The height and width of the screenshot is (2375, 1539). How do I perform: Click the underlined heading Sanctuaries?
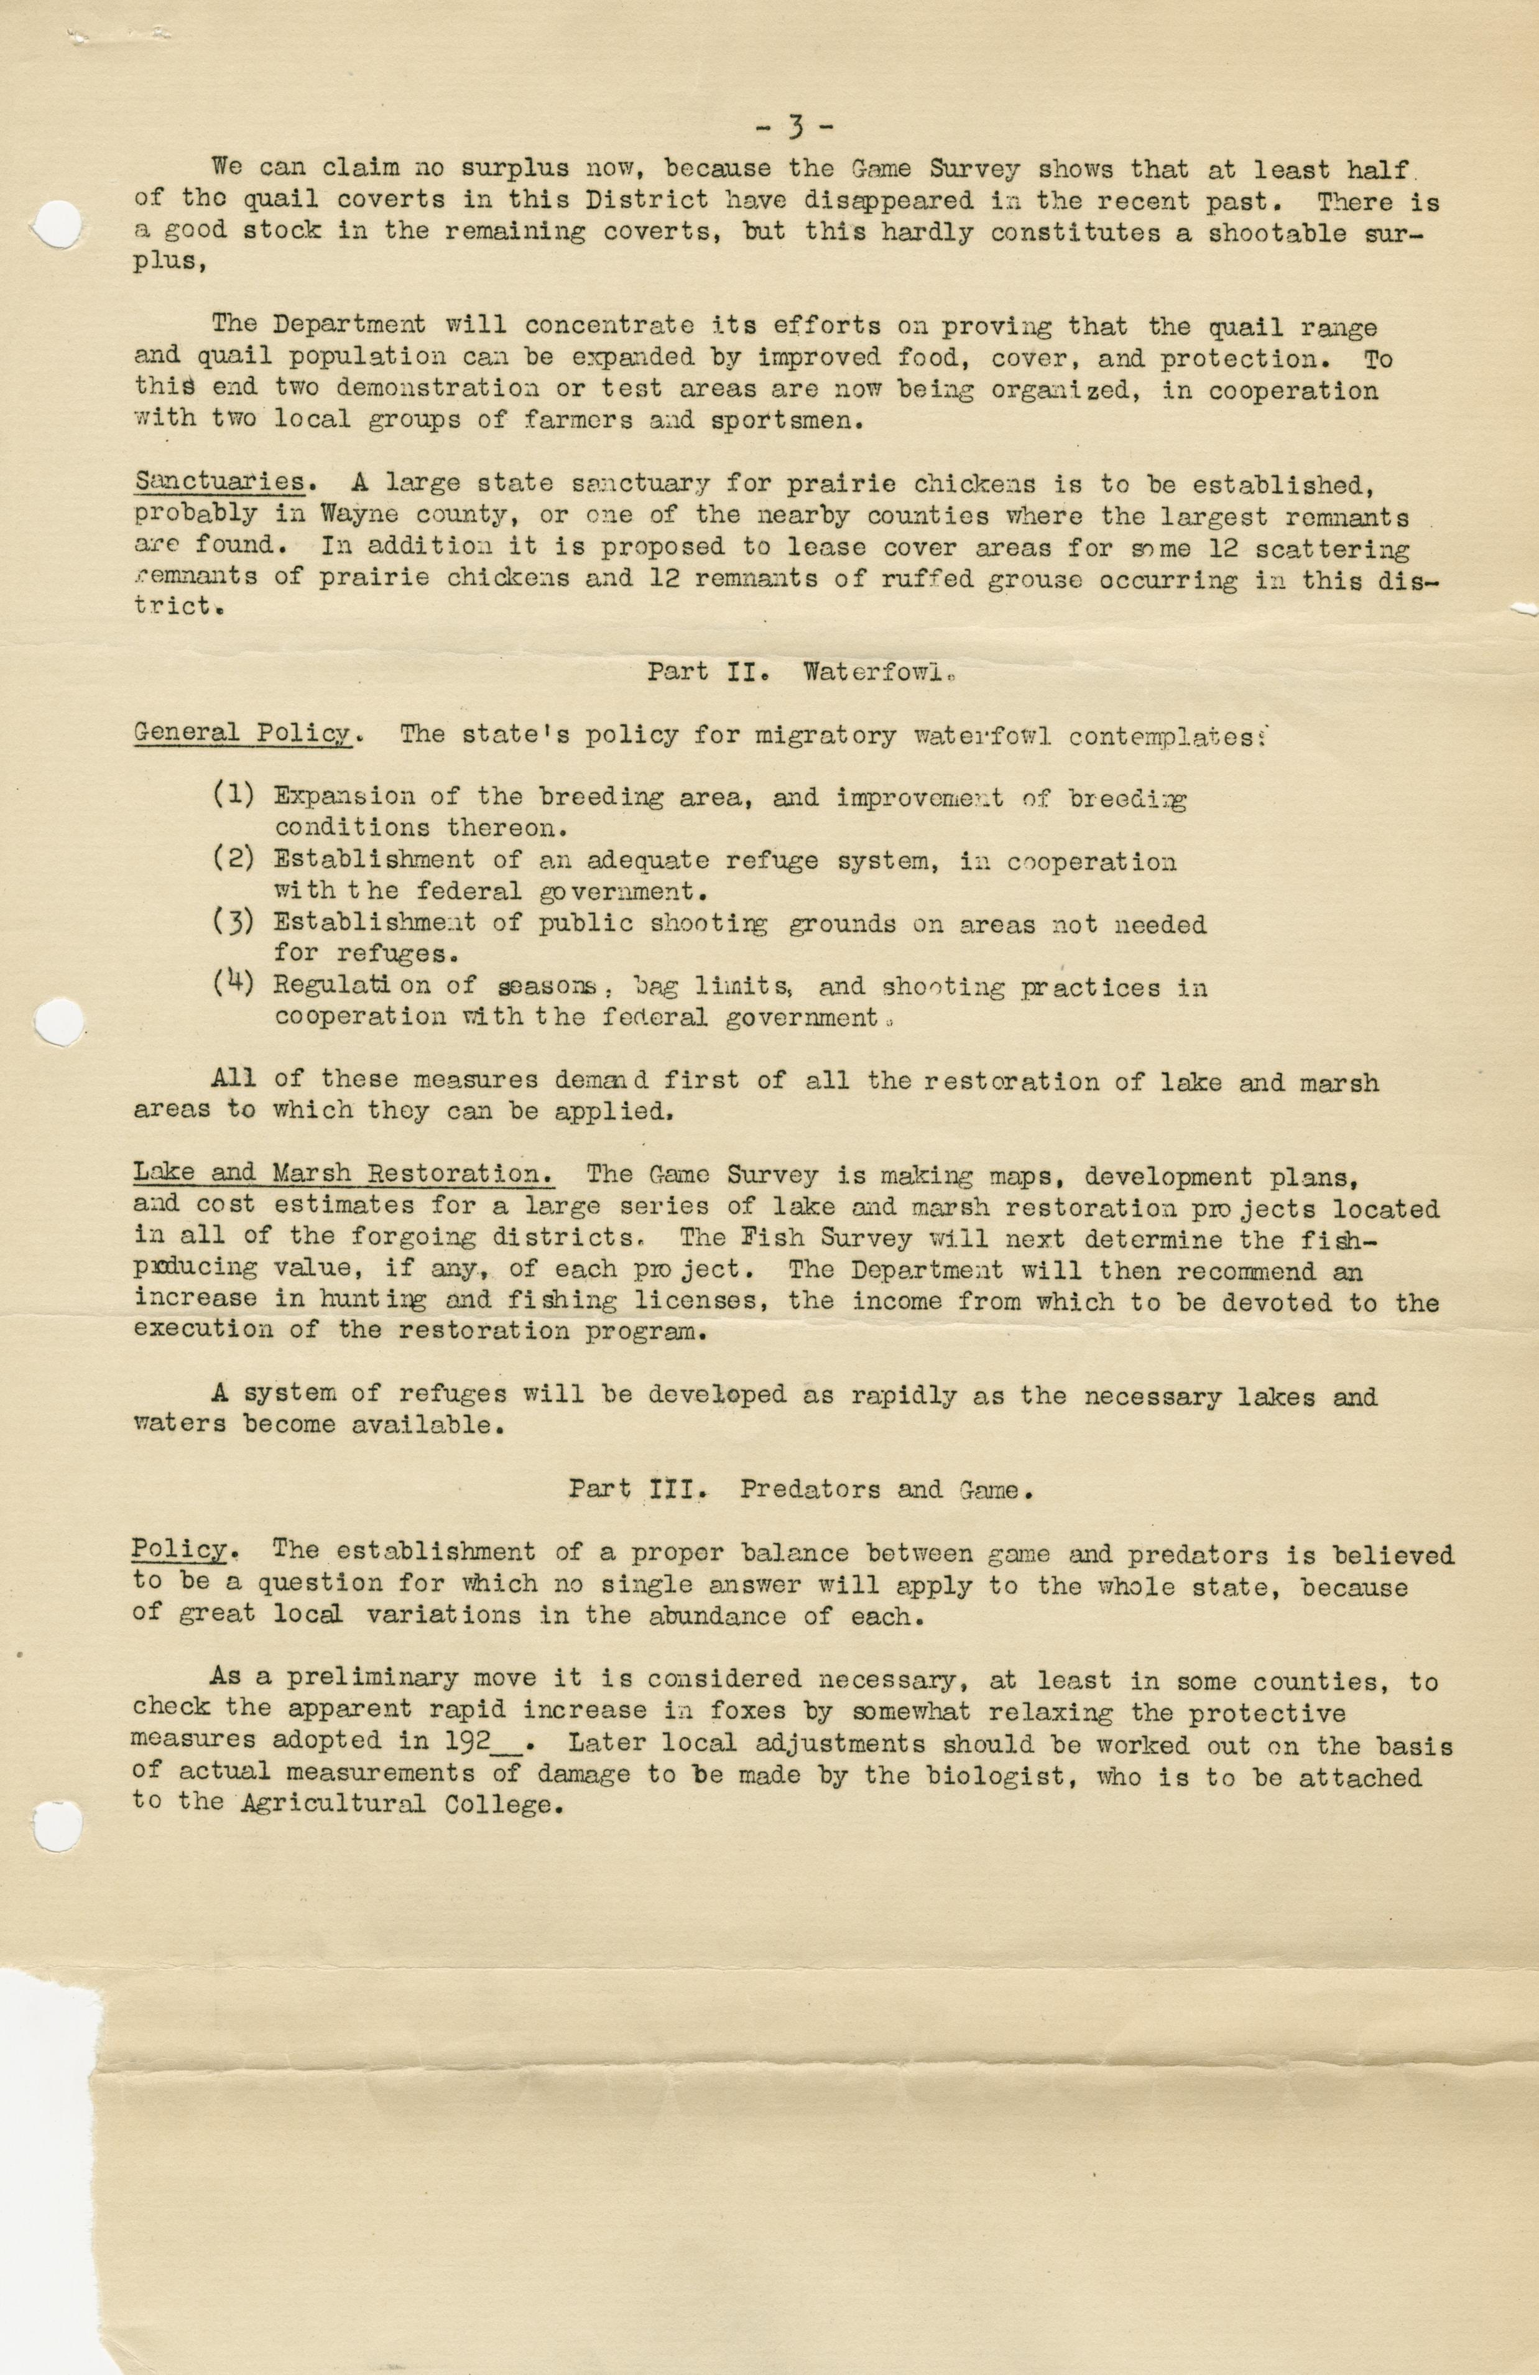coord(220,482)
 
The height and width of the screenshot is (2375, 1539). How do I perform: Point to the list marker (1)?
coord(234,796)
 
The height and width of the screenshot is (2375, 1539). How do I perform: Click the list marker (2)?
coord(234,860)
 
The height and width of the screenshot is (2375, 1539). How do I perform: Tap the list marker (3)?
coord(234,923)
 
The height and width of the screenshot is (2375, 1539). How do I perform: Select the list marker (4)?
coord(234,986)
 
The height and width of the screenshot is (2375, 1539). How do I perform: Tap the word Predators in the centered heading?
coord(810,1490)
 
